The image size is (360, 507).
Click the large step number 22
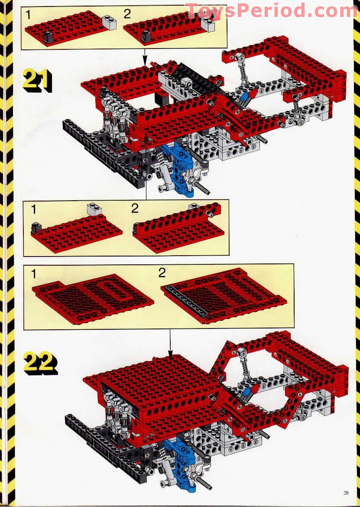click(40, 363)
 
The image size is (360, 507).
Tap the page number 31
click(346, 493)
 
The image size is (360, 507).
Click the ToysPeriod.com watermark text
click(272, 11)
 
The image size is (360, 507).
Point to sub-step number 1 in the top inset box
click(29, 15)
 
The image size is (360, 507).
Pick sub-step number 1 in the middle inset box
click(34, 210)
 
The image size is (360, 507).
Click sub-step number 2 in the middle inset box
click(135, 208)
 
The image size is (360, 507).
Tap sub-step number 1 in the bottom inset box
click(34, 274)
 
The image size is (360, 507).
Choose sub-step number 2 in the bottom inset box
click(162, 273)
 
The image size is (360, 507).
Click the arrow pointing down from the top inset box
click(144, 57)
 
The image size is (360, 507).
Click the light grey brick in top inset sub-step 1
click(109, 23)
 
